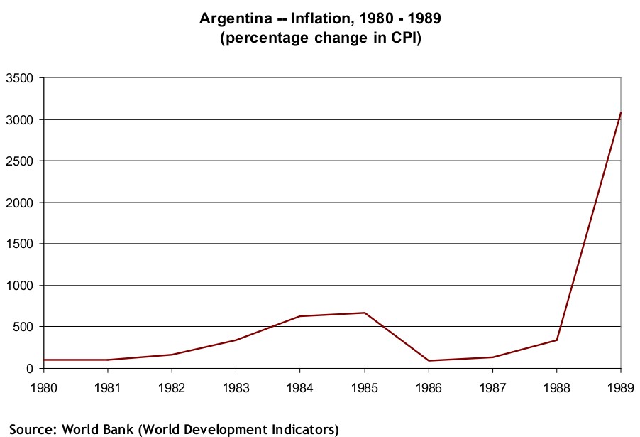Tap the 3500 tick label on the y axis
(x=20, y=78)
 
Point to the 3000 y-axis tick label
(x=20, y=119)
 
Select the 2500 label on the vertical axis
(x=20, y=161)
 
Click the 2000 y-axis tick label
(x=20, y=203)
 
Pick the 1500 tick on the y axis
(x=20, y=244)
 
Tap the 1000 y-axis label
(x=20, y=286)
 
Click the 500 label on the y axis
(x=23, y=327)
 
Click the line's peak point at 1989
(x=621, y=113)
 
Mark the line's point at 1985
(x=365, y=313)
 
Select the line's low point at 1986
(x=429, y=360)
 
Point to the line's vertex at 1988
(x=557, y=340)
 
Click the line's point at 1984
(x=300, y=316)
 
